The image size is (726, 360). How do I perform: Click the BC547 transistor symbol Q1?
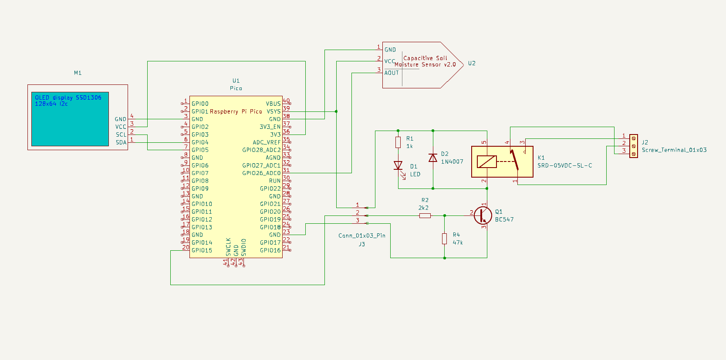click(x=483, y=215)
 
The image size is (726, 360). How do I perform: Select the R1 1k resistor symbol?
click(x=398, y=142)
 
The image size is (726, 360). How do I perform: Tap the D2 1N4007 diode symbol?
click(x=433, y=158)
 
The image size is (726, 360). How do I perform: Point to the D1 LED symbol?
click(x=398, y=165)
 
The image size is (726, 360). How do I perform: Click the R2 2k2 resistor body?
click(x=425, y=215)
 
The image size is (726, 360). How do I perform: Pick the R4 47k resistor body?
click(x=444, y=239)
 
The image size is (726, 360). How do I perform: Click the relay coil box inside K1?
click(x=486, y=161)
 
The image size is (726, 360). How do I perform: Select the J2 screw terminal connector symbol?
click(x=634, y=146)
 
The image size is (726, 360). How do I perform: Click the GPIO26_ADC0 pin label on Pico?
click(x=261, y=173)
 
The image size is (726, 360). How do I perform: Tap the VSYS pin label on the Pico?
click(x=274, y=111)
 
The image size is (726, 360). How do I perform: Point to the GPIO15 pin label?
click(x=202, y=250)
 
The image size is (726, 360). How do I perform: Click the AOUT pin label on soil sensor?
click(x=392, y=73)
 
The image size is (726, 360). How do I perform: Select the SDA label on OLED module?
click(x=121, y=142)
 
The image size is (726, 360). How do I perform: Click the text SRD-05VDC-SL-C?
click(x=564, y=165)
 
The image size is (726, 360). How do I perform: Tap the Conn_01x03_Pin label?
click(x=361, y=236)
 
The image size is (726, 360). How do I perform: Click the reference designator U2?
click(x=472, y=63)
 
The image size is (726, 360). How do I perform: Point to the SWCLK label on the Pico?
click(x=228, y=247)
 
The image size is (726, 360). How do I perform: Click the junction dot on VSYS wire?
click(x=336, y=111)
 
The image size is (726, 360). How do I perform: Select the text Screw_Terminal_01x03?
click(x=674, y=150)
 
